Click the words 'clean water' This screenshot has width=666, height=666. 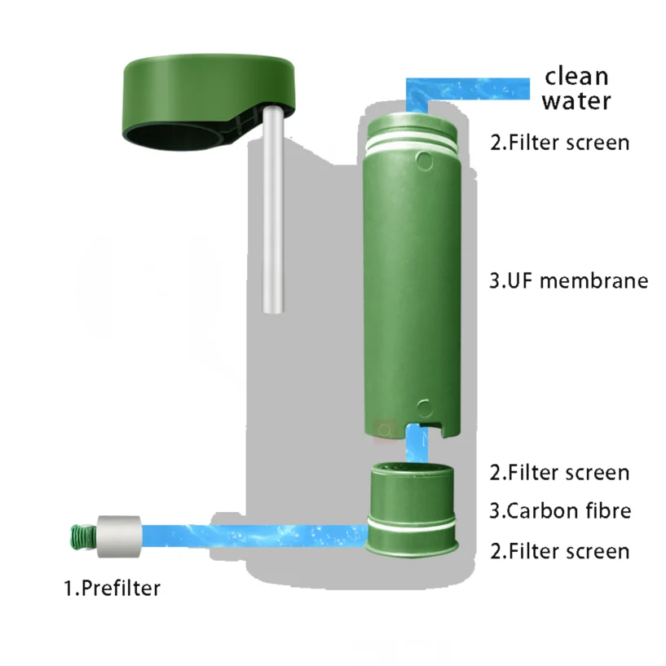[x=576, y=88]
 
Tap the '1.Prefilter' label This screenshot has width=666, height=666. [x=112, y=587]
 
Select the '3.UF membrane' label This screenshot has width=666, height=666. [x=568, y=281]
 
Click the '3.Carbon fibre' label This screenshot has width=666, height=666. [x=560, y=511]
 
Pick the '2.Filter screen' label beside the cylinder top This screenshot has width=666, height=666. [x=559, y=142]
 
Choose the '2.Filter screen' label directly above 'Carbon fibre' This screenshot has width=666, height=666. [x=559, y=472]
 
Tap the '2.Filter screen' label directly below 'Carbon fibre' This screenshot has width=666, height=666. [x=559, y=550]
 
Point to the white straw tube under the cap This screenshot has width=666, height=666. [x=274, y=212]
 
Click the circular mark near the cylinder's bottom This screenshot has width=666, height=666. [x=422, y=407]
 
